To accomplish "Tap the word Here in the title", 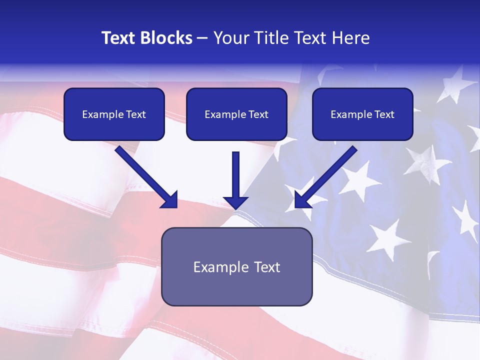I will [351, 38].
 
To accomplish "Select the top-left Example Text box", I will [114, 114].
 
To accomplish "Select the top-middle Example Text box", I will [236, 114].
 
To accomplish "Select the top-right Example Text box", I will [362, 114].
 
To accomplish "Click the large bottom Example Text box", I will [237, 266].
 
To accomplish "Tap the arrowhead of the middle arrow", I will [235, 201].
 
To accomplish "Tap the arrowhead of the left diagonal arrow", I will [170, 200].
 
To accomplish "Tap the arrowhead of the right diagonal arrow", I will [302, 200].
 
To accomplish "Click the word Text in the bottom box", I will [266, 267].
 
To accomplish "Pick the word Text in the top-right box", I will [384, 114].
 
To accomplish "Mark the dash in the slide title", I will [202, 38].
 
